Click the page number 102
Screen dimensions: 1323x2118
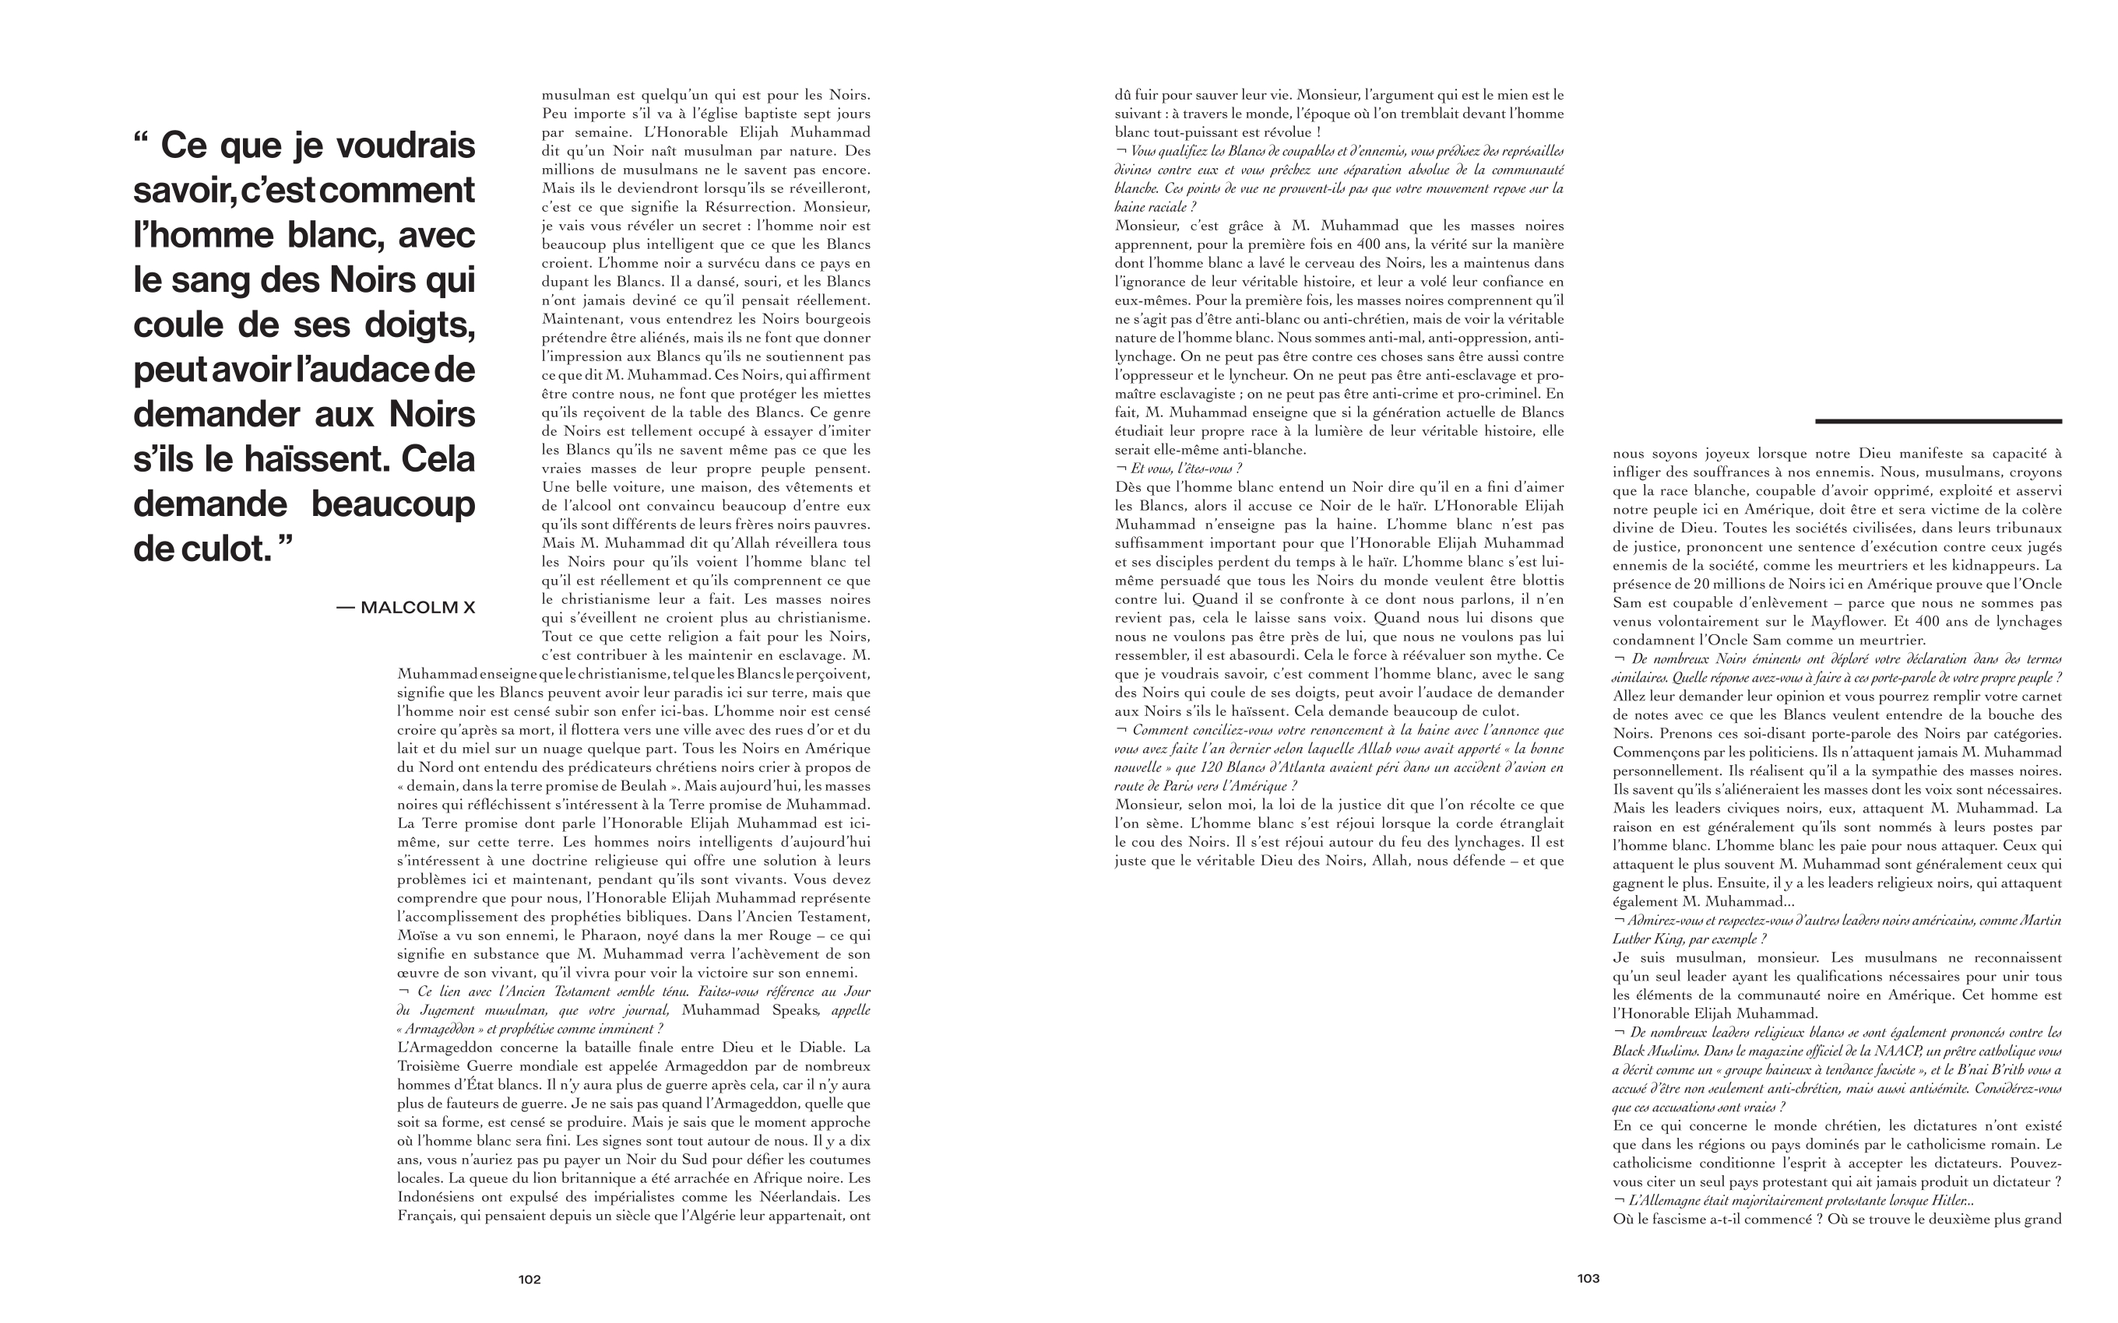[529, 1279]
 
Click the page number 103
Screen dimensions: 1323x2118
[1588, 1279]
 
